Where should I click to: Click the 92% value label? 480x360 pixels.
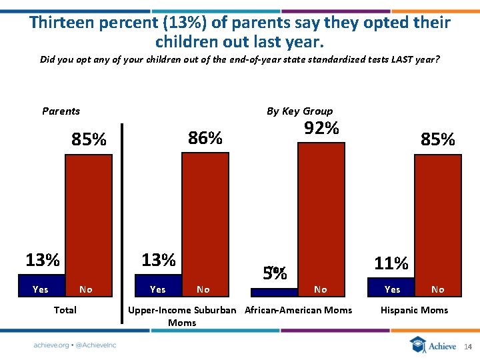click(x=321, y=128)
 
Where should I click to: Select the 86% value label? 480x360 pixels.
click(x=205, y=138)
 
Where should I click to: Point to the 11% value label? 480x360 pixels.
click(x=391, y=263)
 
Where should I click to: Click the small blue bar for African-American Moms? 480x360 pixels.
click(x=273, y=292)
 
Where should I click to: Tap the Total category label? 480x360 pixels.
click(x=65, y=310)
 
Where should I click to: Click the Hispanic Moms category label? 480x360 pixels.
click(x=414, y=310)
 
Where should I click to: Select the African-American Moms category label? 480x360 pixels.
click(x=298, y=310)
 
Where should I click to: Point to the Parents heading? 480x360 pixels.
click(x=61, y=111)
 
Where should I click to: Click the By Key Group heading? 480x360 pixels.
click(x=299, y=111)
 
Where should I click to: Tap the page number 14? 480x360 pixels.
click(x=467, y=347)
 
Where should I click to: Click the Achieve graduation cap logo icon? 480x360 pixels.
click(x=418, y=345)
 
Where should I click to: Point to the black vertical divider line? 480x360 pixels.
click(x=122, y=223)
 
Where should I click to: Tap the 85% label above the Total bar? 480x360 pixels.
click(x=89, y=140)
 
